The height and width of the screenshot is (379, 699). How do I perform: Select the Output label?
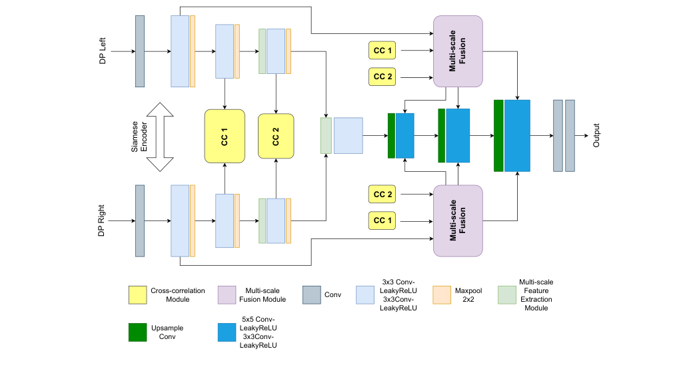pyautogui.click(x=597, y=135)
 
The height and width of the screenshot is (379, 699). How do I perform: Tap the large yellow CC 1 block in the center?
pyautogui.click(x=225, y=135)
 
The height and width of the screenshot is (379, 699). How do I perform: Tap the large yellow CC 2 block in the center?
pyautogui.click(x=276, y=135)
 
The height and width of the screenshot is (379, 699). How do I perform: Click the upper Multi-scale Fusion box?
pyautogui.click(x=458, y=52)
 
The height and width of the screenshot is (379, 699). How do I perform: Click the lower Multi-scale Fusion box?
pyautogui.click(x=458, y=220)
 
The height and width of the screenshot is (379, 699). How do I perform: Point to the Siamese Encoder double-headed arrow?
pyautogui.click(x=160, y=137)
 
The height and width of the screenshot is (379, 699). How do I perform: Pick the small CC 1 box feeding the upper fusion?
pyautogui.click(x=382, y=49)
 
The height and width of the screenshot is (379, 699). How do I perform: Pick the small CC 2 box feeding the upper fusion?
pyautogui.click(x=382, y=77)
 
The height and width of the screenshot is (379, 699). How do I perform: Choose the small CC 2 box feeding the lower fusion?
pyautogui.click(x=382, y=194)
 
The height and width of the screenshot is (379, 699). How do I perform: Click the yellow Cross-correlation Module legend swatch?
pyautogui.click(x=138, y=295)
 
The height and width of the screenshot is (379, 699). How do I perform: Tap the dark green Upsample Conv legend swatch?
pyautogui.click(x=138, y=332)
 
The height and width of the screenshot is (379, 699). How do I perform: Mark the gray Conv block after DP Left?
pyautogui.click(x=140, y=51)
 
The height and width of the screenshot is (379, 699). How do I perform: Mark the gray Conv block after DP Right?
pyautogui.click(x=140, y=220)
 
